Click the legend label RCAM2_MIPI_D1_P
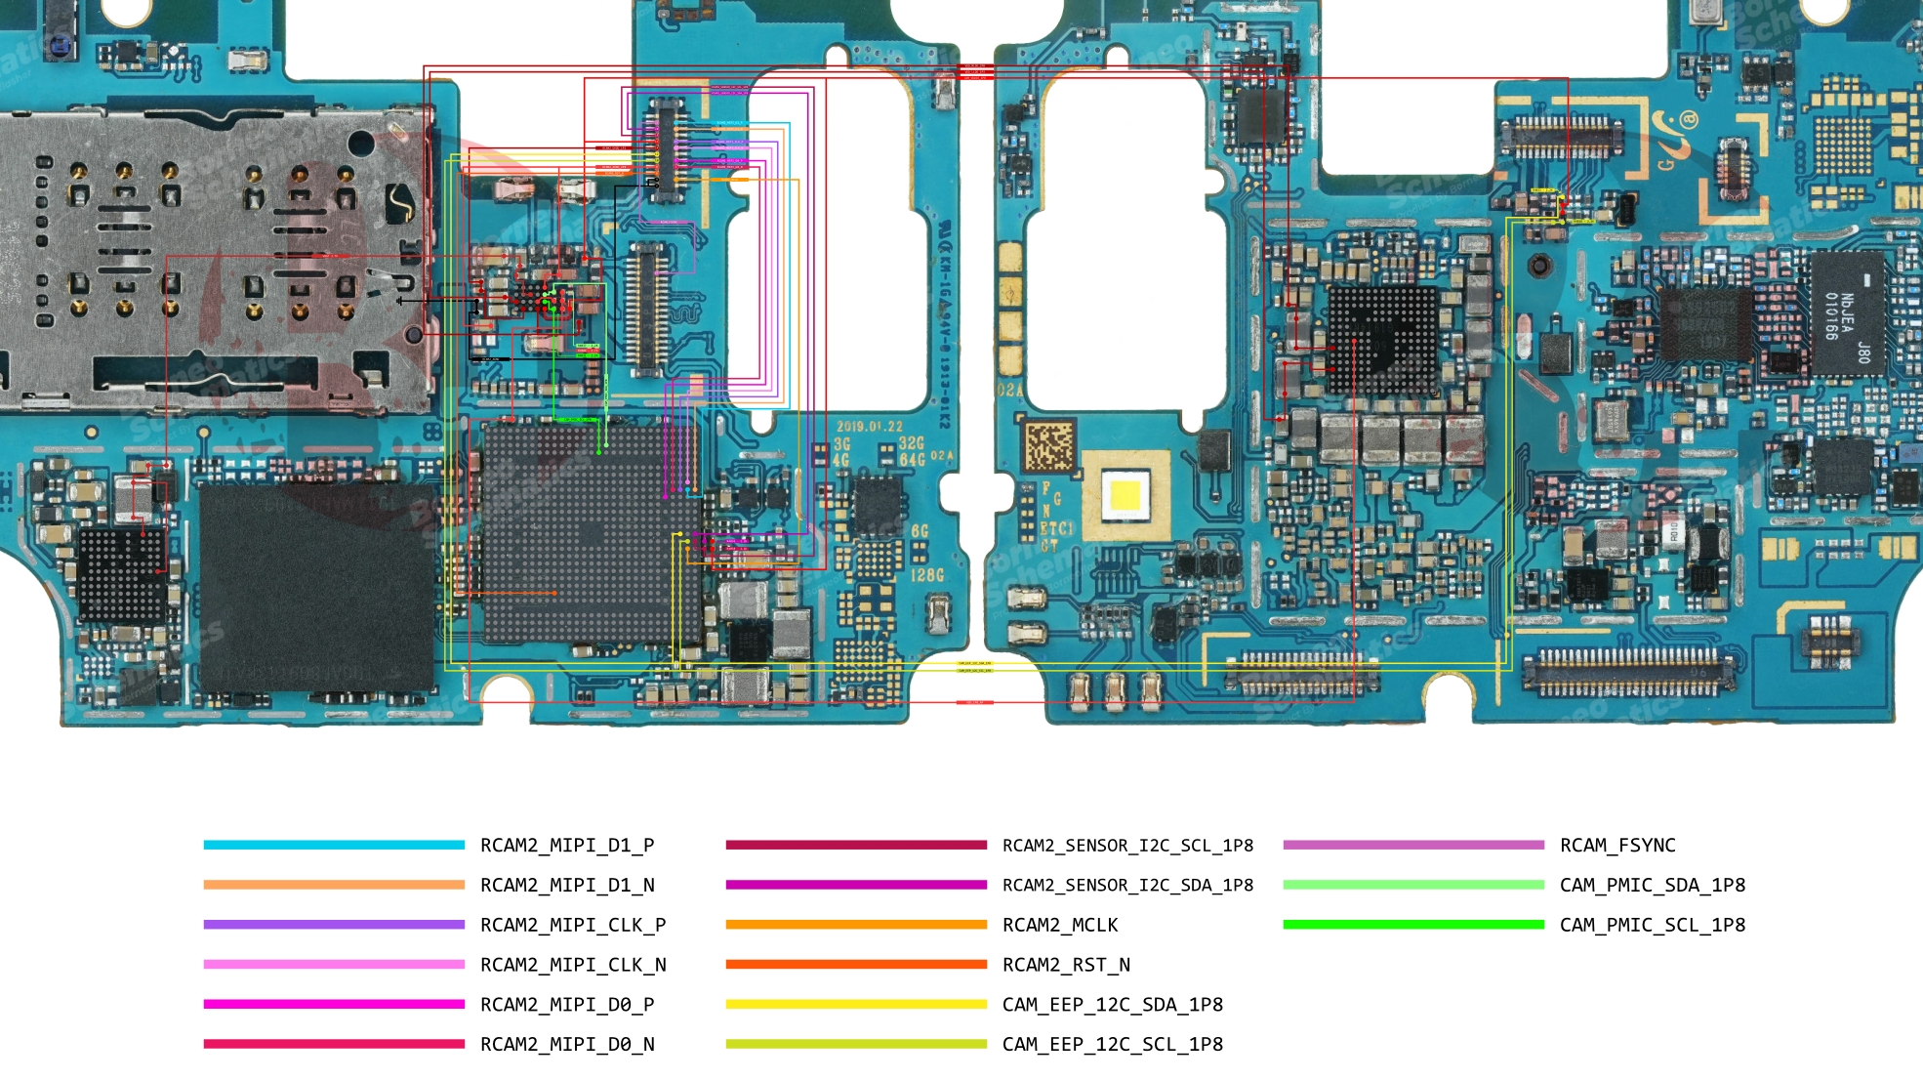(x=567, y=846)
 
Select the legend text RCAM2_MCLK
(x=1060, y=925)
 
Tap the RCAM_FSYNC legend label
(x=1617, y=846)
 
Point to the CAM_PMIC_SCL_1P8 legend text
(x=1653, y=925)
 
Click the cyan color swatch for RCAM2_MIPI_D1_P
(x=334, y=845)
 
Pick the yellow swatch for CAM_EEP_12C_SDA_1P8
(x=856, y=1004)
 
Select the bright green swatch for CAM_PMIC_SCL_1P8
(x=1413, y=925)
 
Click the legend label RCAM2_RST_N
(x=1066, y=965)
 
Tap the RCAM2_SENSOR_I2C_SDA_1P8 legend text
(x=1127, y=886)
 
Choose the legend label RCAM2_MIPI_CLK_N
(x=573, y=965)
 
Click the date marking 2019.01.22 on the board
(x=869, y=427)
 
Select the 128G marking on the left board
(x=927, y=575)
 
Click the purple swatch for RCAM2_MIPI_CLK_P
(x=334, y=925)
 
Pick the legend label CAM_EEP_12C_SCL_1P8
(x=1113, y=1044)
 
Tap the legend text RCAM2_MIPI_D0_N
(x=567, y=1044)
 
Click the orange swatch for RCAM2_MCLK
(x=856, y=925)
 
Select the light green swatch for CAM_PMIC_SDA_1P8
(x=1413, y=885)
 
